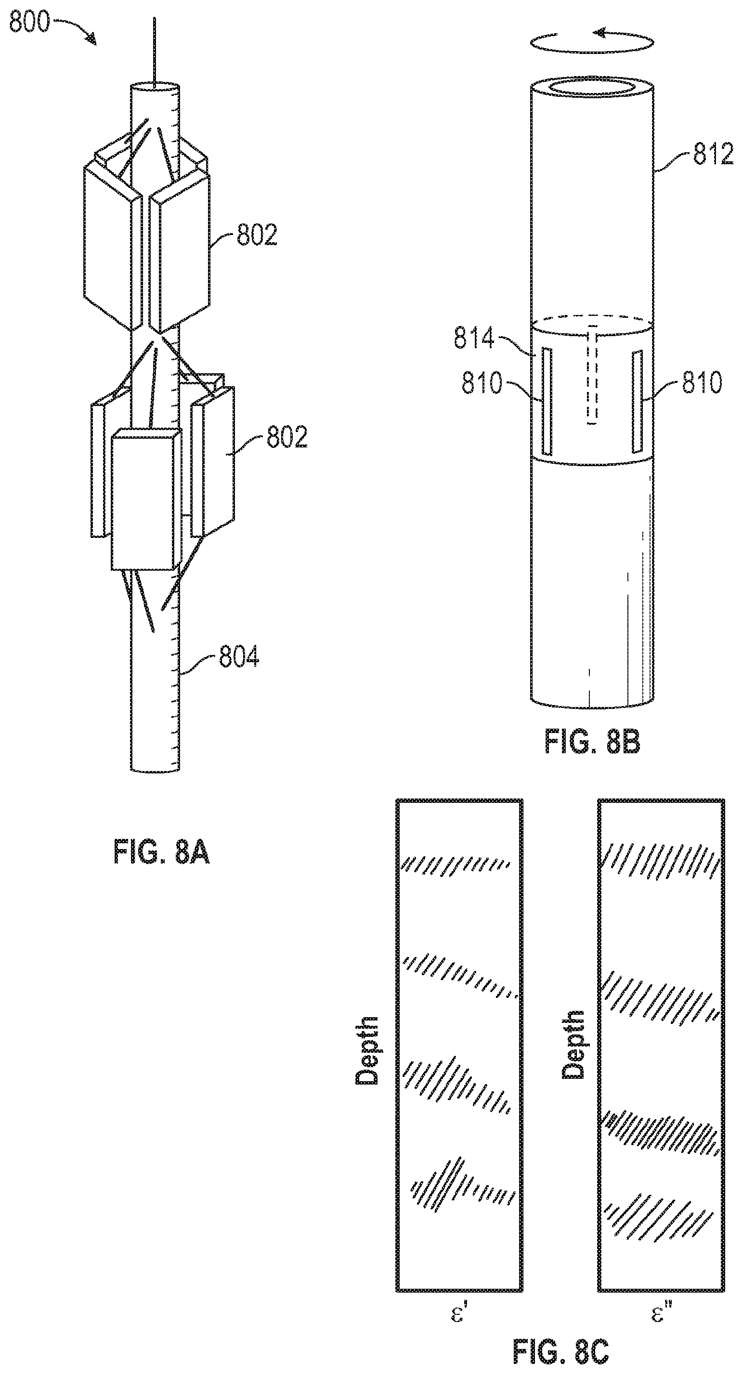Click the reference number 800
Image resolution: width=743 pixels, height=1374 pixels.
click(30, 23)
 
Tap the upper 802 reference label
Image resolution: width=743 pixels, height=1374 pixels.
click(257, 235)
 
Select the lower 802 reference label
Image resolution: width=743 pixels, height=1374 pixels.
click(287, 437)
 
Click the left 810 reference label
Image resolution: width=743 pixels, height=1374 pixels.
click(482, 383)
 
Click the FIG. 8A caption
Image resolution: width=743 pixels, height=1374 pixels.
click(162, 851)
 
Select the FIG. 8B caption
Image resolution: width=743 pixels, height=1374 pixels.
click(592, 742)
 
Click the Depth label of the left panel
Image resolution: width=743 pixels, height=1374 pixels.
click(367, 1050)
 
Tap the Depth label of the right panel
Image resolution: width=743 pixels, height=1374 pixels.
click(574, 1045)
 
